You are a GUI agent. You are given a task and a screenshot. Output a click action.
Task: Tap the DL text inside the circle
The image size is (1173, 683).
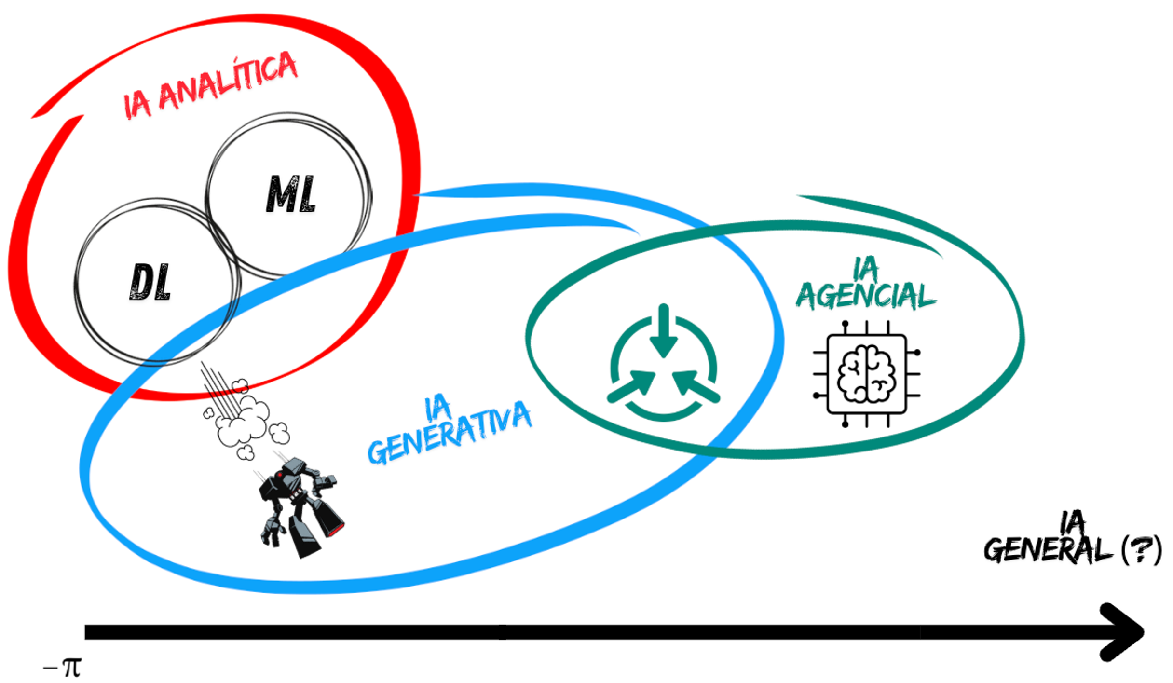click(150, 282)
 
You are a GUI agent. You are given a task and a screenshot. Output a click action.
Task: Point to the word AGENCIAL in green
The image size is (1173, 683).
click(866, 295)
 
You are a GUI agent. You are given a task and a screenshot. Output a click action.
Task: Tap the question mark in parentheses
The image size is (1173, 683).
click(1141, 550)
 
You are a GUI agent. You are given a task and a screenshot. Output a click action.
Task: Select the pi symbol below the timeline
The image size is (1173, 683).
click(72, 668)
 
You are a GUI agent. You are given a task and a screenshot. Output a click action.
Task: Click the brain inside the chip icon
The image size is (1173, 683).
click(867, 374)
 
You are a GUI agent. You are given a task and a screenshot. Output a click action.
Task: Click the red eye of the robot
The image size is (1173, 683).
click(279, 476)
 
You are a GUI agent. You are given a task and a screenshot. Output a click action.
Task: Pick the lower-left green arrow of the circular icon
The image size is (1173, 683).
click(630, 386)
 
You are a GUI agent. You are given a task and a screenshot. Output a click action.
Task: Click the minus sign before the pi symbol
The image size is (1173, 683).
click(50, 669)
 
